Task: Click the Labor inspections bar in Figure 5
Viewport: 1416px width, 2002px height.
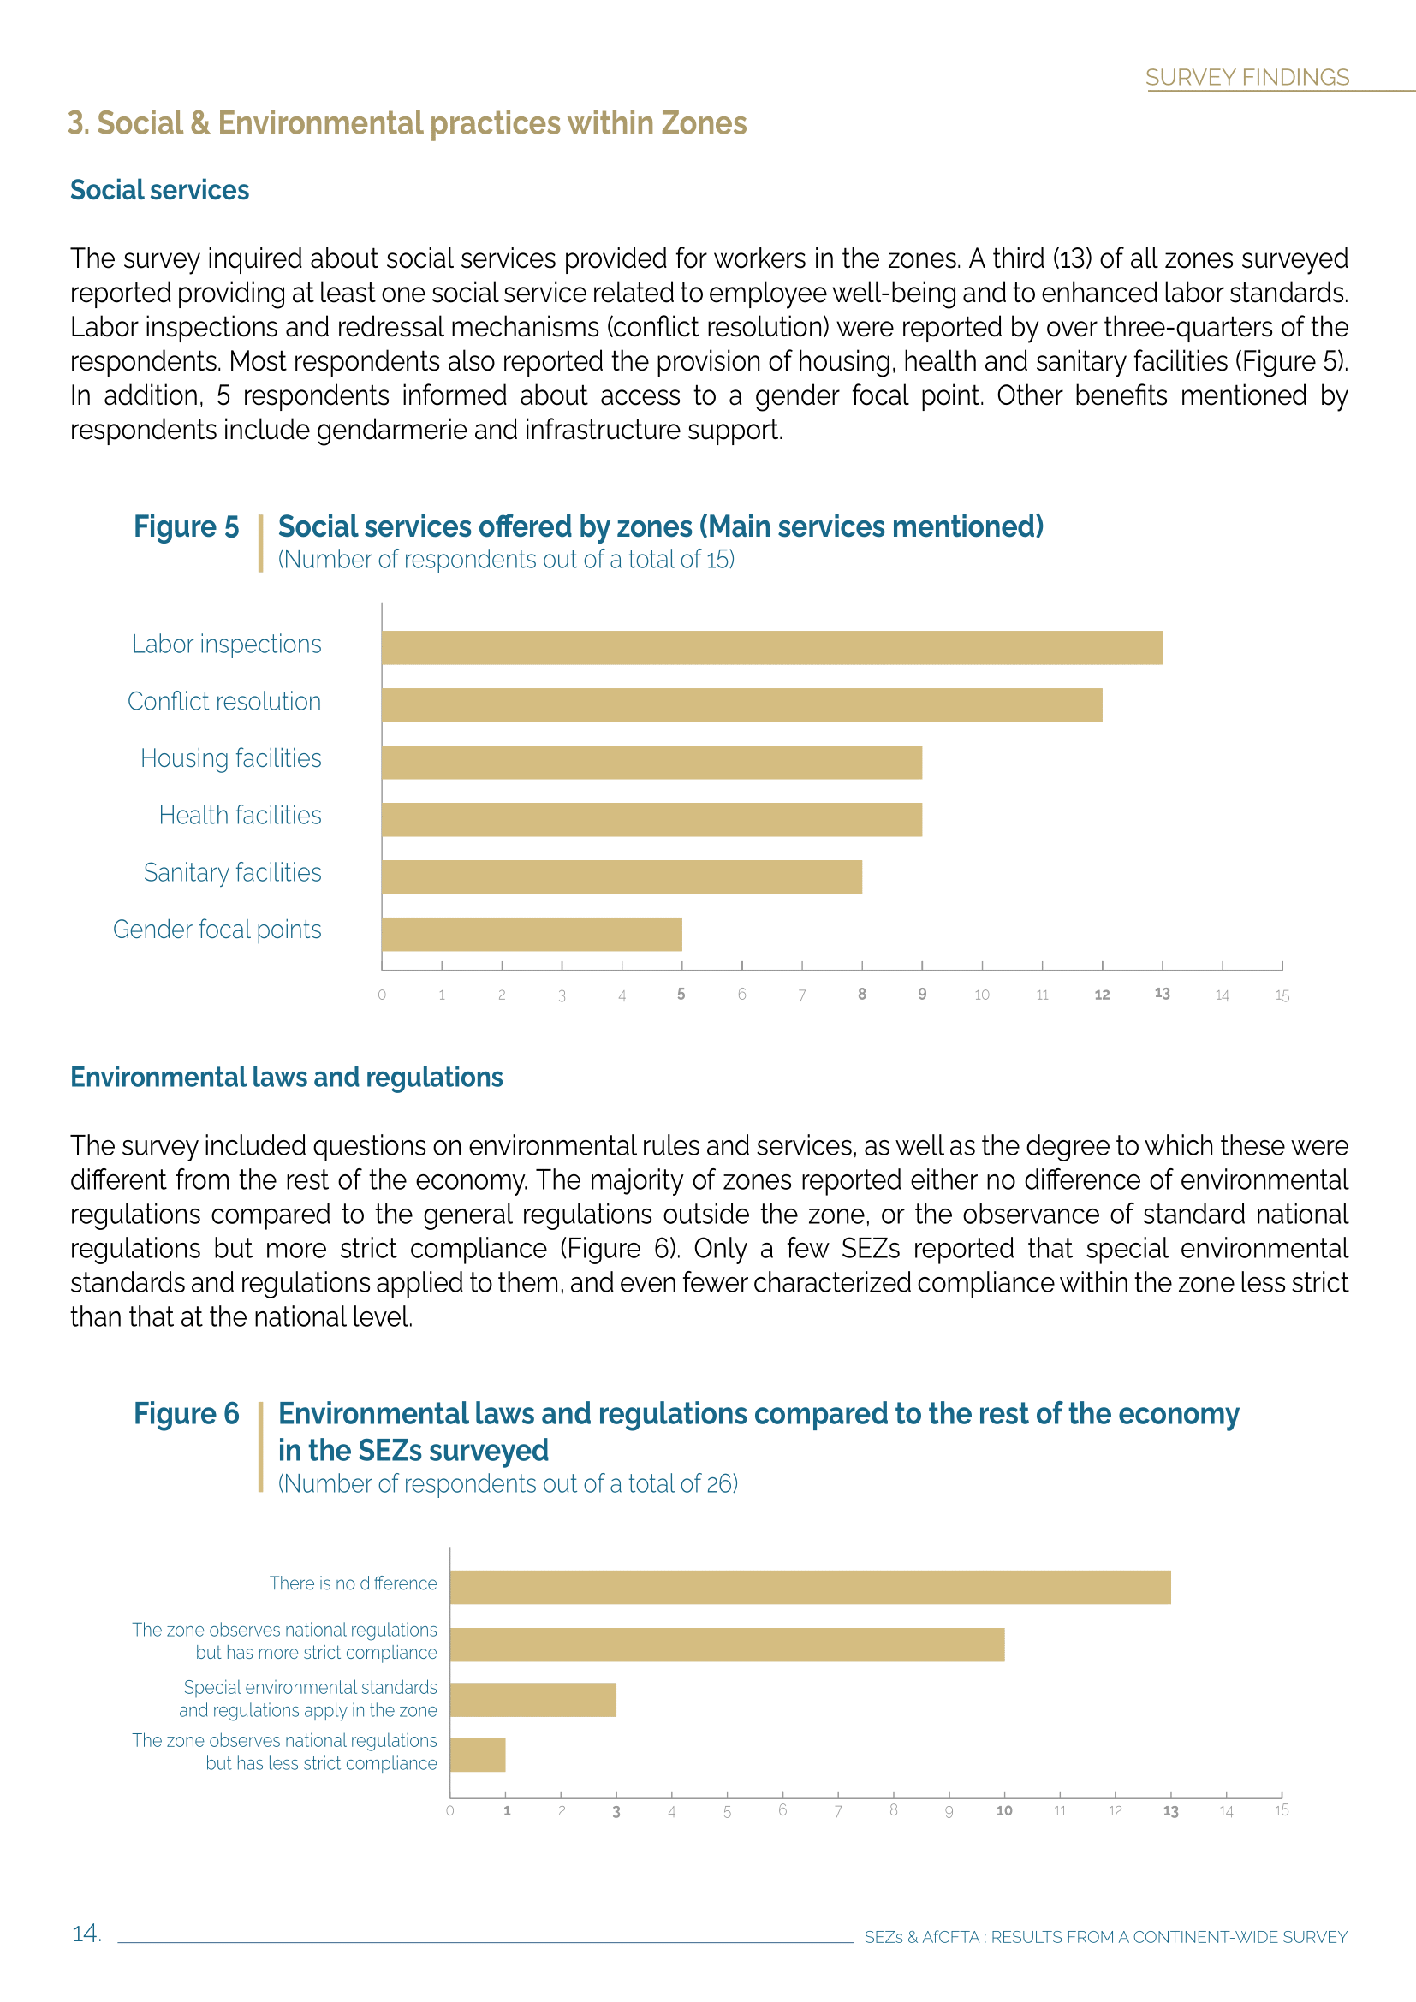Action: pos(771,648)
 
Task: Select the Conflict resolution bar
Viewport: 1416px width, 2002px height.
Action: pos(741,704)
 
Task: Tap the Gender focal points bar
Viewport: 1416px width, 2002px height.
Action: pos(532,934)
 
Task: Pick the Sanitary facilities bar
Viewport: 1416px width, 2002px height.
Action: pos(622,876)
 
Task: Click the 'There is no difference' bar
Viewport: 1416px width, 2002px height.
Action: pos(810,1587)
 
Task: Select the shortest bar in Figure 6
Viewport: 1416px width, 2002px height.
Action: pos(478,1755)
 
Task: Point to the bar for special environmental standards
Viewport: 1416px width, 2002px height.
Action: pos(532,1700)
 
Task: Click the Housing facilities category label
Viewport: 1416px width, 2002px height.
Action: pos(231,758)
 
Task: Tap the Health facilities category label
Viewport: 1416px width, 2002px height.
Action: pos(240,816)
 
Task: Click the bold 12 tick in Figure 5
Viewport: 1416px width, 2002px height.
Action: pos(1102,995)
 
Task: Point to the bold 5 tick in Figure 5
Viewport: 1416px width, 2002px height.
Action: pos(681,994)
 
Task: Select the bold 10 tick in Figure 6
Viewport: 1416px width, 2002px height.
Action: pos(1004,1811)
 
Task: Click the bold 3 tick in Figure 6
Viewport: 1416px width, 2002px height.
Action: pos(616,1812)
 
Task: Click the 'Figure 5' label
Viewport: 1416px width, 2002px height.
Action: pos(186,526)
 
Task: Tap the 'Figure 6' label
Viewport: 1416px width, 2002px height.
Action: pos(186,1413)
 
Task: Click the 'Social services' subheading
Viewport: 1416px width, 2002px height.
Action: pos(159,190)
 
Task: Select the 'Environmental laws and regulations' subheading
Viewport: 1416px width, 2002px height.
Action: pos(287,1078)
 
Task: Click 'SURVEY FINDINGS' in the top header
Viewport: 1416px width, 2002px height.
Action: pos(1246,78)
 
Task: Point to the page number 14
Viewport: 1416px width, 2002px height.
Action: pos(86,1934)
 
